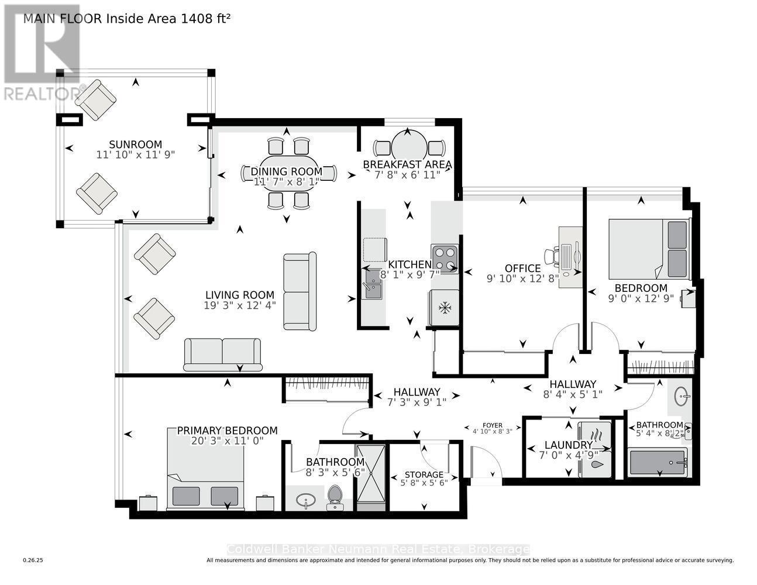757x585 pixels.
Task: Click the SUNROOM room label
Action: [135, 144]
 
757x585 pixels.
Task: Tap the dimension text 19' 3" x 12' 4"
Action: [240, 305]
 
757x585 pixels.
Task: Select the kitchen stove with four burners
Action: [445, 259]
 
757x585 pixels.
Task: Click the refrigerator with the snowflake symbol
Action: [445, 307]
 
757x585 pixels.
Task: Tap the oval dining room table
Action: [289, 173]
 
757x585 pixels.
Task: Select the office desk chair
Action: [552, 256]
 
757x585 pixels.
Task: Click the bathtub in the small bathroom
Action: [658, 463]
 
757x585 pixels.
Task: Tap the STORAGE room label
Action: [424, 474]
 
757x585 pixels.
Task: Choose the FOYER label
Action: [493, 425]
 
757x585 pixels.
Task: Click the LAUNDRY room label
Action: [568, 445]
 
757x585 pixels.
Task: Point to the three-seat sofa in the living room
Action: [300, 291]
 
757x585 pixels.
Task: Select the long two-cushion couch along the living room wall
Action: [222, 354]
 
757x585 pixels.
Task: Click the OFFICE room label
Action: [522, 269]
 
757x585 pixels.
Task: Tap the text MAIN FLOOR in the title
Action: [63, 18]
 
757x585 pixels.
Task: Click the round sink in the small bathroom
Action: [681, 396]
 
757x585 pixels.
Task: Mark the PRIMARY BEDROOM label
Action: [227, 431]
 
